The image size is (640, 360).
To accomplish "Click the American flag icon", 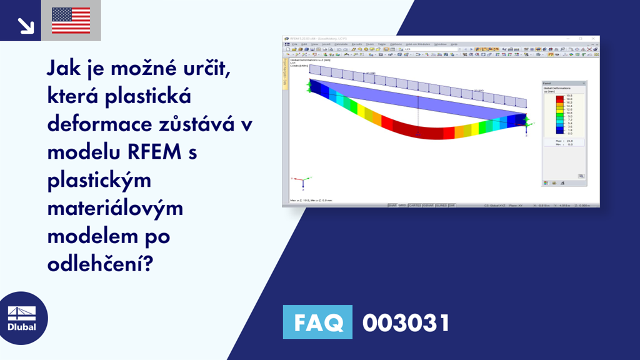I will coord(71,21).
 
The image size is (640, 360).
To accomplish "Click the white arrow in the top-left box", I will coord(26,25).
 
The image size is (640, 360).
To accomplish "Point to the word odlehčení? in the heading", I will coord(99,261).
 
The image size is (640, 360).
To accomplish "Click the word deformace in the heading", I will coord(97,123).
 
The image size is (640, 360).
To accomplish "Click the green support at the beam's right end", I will coord(526,122).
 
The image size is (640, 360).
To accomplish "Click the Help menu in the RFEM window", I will coord(454,44).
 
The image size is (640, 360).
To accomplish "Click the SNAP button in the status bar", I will coord(392,205).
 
